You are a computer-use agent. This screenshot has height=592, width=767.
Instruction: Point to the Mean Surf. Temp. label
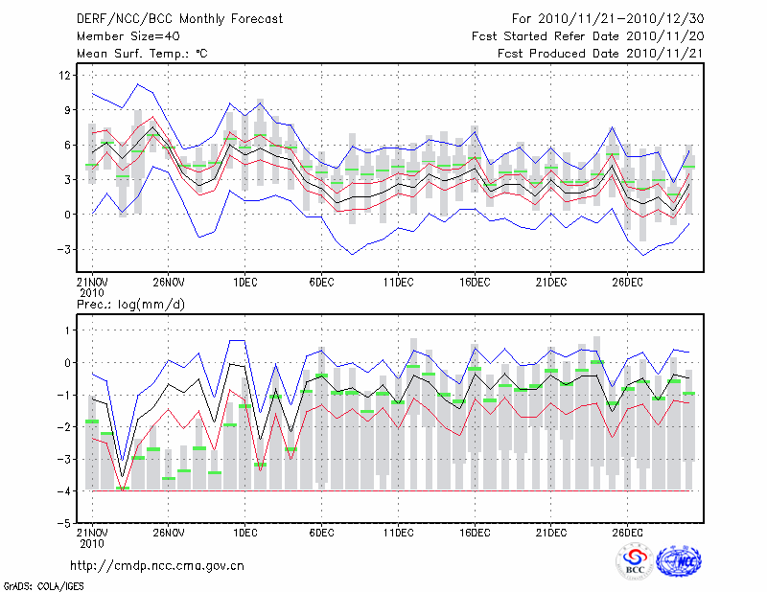[142, 54]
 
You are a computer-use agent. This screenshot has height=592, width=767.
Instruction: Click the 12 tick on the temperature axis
[64, 75]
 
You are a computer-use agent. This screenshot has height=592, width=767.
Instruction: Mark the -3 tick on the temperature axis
[63, 249]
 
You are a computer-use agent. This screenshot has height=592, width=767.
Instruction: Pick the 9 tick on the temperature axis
[67, 110]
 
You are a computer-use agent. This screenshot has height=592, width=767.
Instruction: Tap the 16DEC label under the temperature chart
[475, 283]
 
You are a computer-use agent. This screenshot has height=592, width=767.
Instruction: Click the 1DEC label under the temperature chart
[244, 283]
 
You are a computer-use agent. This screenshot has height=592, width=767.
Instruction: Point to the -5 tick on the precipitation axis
[63, 524]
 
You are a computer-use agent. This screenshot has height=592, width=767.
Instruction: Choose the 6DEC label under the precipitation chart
[321, 532]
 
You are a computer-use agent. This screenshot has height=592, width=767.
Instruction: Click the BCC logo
[635, 561]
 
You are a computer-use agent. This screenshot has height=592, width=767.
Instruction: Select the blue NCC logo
[678, 561]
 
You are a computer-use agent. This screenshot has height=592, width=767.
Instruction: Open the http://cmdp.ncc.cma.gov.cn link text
[157, 565]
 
